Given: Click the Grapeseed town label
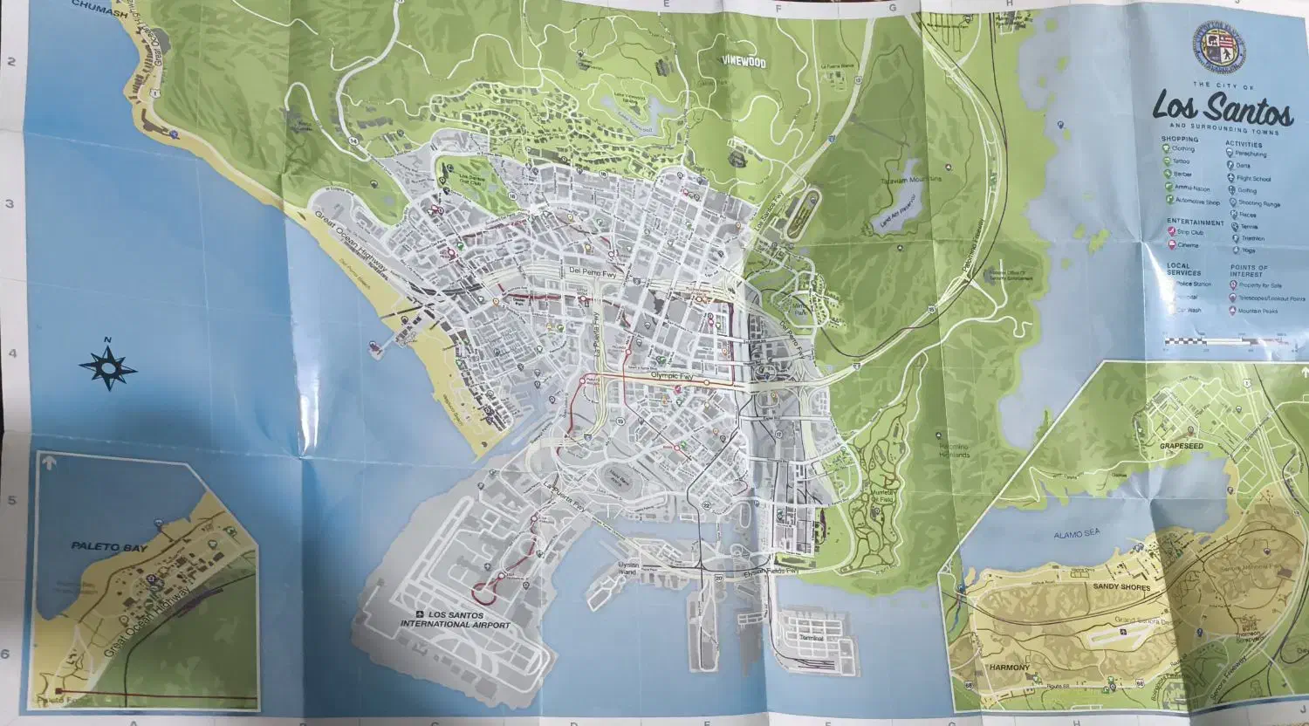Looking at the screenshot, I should pyautogui.click(x=1182, y=445).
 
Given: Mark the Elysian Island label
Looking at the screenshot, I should pyautogui.click(x=617, y=568).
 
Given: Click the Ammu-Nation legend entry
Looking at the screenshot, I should pyautogui.click(x=1190, y=187).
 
